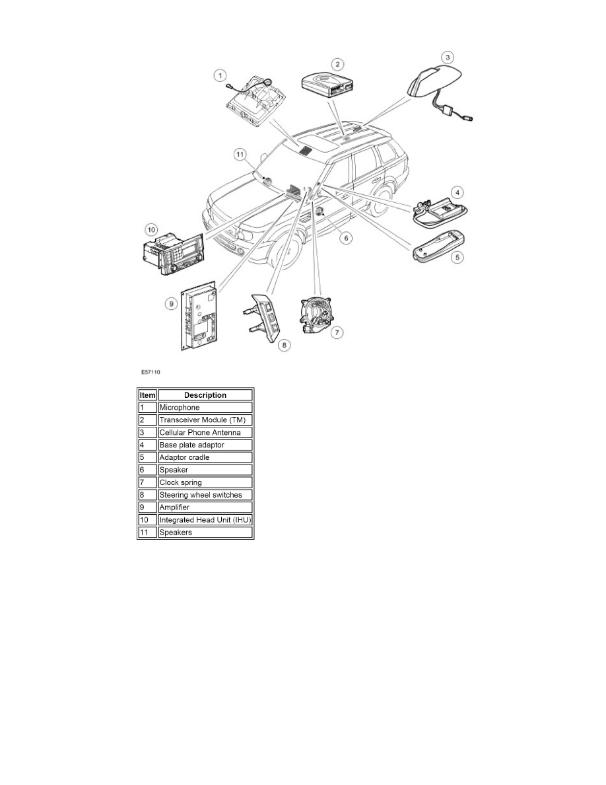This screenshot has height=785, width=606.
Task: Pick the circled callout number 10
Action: [151, 229]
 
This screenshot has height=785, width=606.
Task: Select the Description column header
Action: [205, 395]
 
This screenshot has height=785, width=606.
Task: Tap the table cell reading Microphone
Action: [205, 408]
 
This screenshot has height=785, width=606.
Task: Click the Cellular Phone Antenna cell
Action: [205, 432]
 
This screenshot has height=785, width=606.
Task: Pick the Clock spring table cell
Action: [205, 482]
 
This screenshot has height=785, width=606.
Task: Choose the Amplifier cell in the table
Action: [205, 507]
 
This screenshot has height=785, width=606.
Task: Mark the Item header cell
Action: [147, 395]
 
